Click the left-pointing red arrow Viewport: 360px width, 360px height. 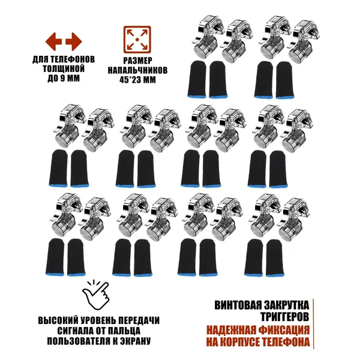[x=53, y=41]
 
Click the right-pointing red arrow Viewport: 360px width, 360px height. [x=74, y=41]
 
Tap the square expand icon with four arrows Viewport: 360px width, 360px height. [x=137, y=40]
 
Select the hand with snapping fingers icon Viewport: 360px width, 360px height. [x=95, y=295]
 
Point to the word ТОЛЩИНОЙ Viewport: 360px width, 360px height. [x=64, y=69]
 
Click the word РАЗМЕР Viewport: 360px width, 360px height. [x=137, y=61]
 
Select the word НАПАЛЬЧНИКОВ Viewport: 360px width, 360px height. [x=137, y=70]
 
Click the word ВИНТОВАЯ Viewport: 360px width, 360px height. [x=238, y=305]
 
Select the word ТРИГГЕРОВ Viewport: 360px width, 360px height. [x=284, y=317]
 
